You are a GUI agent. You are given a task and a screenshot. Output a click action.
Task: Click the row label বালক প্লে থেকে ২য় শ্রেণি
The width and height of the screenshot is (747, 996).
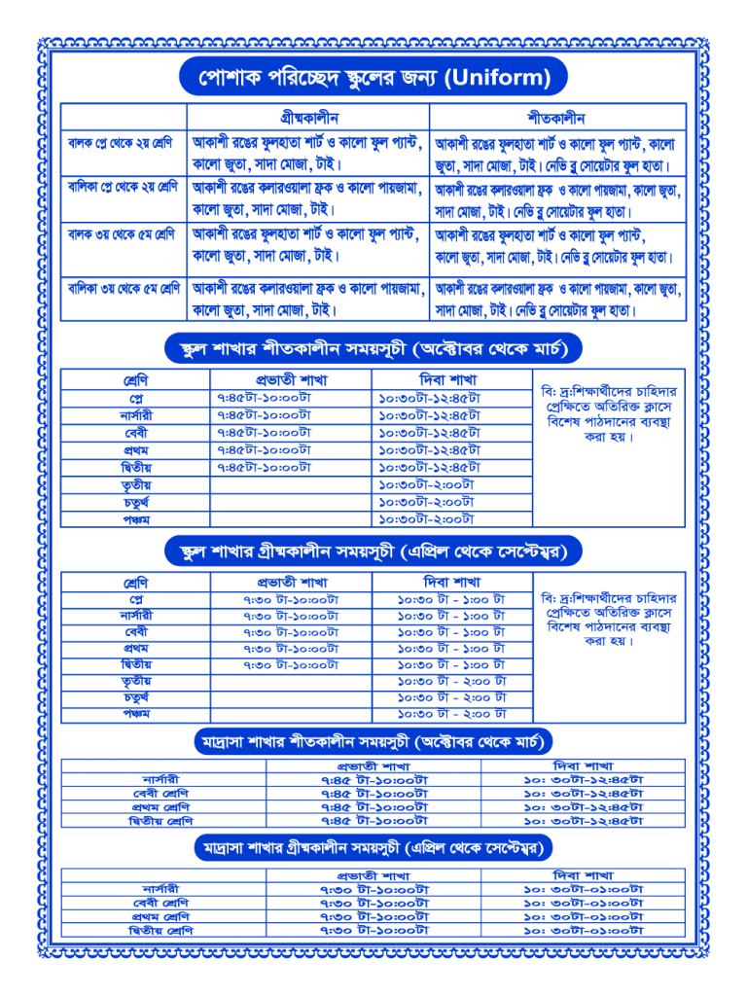coord(121,143)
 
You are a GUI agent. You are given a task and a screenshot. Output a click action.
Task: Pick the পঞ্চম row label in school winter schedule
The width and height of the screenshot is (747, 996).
coord(135,519)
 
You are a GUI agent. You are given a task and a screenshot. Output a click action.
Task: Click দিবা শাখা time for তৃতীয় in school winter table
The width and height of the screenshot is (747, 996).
coord(426,484)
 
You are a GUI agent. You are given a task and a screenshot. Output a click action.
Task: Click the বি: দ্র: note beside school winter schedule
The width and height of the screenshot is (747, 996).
coord(610,414)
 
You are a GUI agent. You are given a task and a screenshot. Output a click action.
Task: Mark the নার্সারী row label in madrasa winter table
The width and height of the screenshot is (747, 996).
coord(161,780)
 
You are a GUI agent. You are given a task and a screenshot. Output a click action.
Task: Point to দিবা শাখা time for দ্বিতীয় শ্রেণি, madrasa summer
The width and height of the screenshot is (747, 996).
coord(584,931)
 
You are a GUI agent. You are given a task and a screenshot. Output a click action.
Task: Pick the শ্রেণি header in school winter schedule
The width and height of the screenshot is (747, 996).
coord(135,379)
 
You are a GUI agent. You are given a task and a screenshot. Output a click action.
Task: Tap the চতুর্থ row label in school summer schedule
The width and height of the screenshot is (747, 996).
coord(135,697)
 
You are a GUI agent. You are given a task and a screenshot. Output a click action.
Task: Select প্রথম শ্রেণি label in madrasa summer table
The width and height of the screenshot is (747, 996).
coord(161,916)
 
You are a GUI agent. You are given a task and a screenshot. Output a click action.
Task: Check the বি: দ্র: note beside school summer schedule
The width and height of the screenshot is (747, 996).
coord(610,619)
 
